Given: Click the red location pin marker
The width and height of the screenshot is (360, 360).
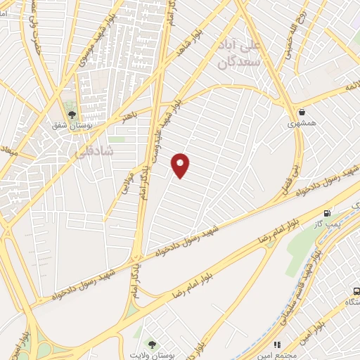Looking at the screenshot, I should coord(181,165).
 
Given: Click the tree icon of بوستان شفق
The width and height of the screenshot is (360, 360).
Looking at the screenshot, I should coord(72,115).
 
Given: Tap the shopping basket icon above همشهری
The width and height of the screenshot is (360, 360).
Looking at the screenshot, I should coord(302,112).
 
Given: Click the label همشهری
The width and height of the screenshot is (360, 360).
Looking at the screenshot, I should coord(302,123).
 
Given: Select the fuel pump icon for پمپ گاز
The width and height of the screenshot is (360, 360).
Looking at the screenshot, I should coord(327,213).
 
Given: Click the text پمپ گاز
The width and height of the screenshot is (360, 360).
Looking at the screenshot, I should coord(327,223).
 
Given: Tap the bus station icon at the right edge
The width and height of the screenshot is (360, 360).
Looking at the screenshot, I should coord(356,290).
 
